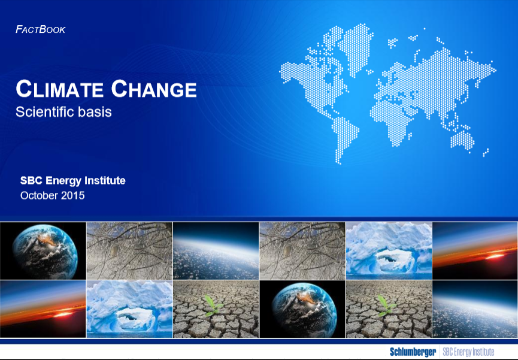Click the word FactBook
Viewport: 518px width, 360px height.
(40, 29)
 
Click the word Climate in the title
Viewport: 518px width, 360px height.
(59, 89)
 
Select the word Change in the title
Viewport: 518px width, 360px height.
(154, 89)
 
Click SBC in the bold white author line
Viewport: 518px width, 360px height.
(31, 180)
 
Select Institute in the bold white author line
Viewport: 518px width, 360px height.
(105, 180)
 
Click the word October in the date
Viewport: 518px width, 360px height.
(39, 195)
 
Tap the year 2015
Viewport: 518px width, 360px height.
(72, 195)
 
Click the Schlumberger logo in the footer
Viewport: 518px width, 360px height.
(413, 352)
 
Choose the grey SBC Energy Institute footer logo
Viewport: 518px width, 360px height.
(468, 352)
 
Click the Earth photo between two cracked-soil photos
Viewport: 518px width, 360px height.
(302, 309)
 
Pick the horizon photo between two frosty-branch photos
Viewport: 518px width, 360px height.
(216, 251)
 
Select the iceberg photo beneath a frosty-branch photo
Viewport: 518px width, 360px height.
(129, 309)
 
